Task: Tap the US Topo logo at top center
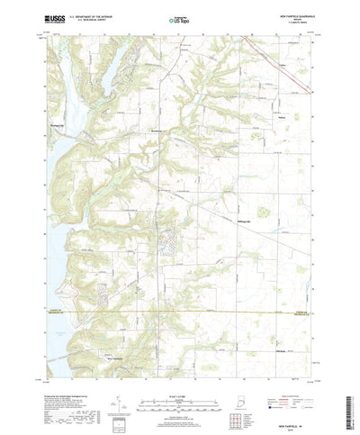(178, 18)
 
